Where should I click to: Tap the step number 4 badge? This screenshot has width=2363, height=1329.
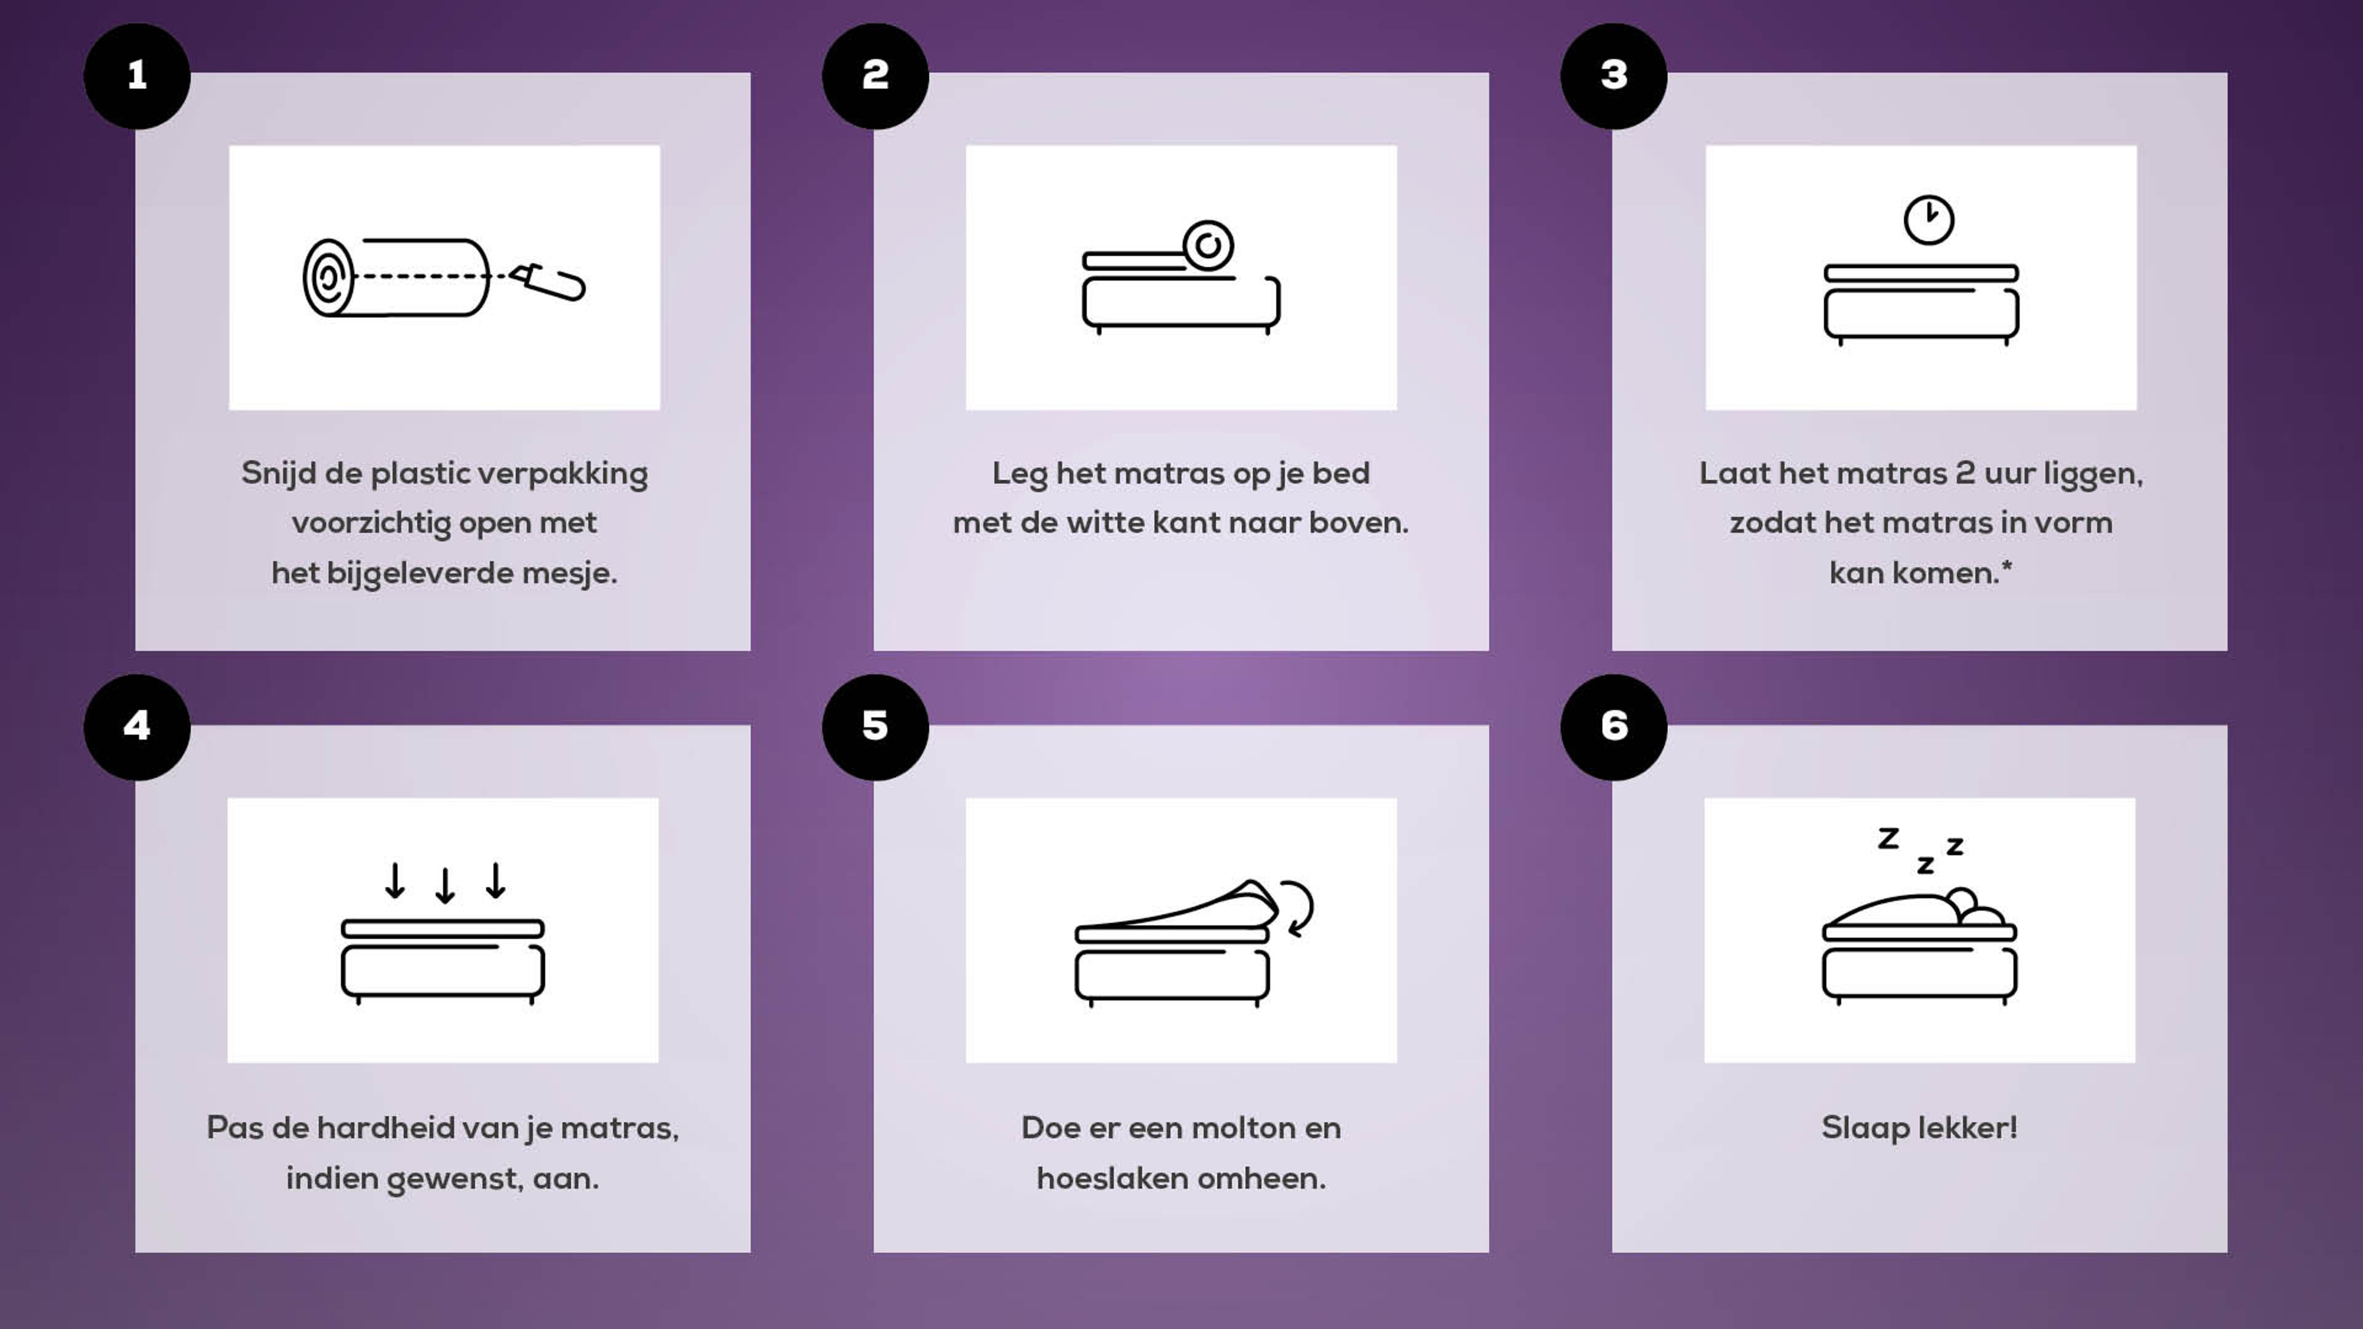(x=137, y=727)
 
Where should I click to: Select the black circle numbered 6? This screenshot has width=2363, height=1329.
(x=1613, y=727)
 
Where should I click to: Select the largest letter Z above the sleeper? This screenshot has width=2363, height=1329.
(x=1888, y=838)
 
